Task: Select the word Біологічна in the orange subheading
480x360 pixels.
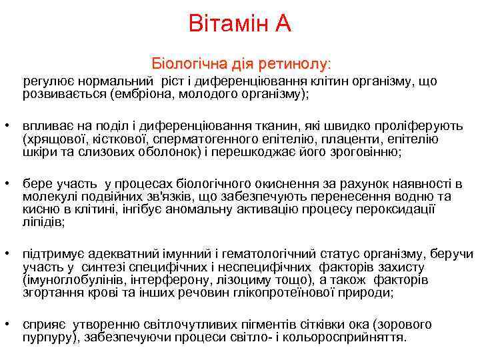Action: (x=188, y=65)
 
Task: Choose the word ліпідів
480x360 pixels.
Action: (x=43, y=221)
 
